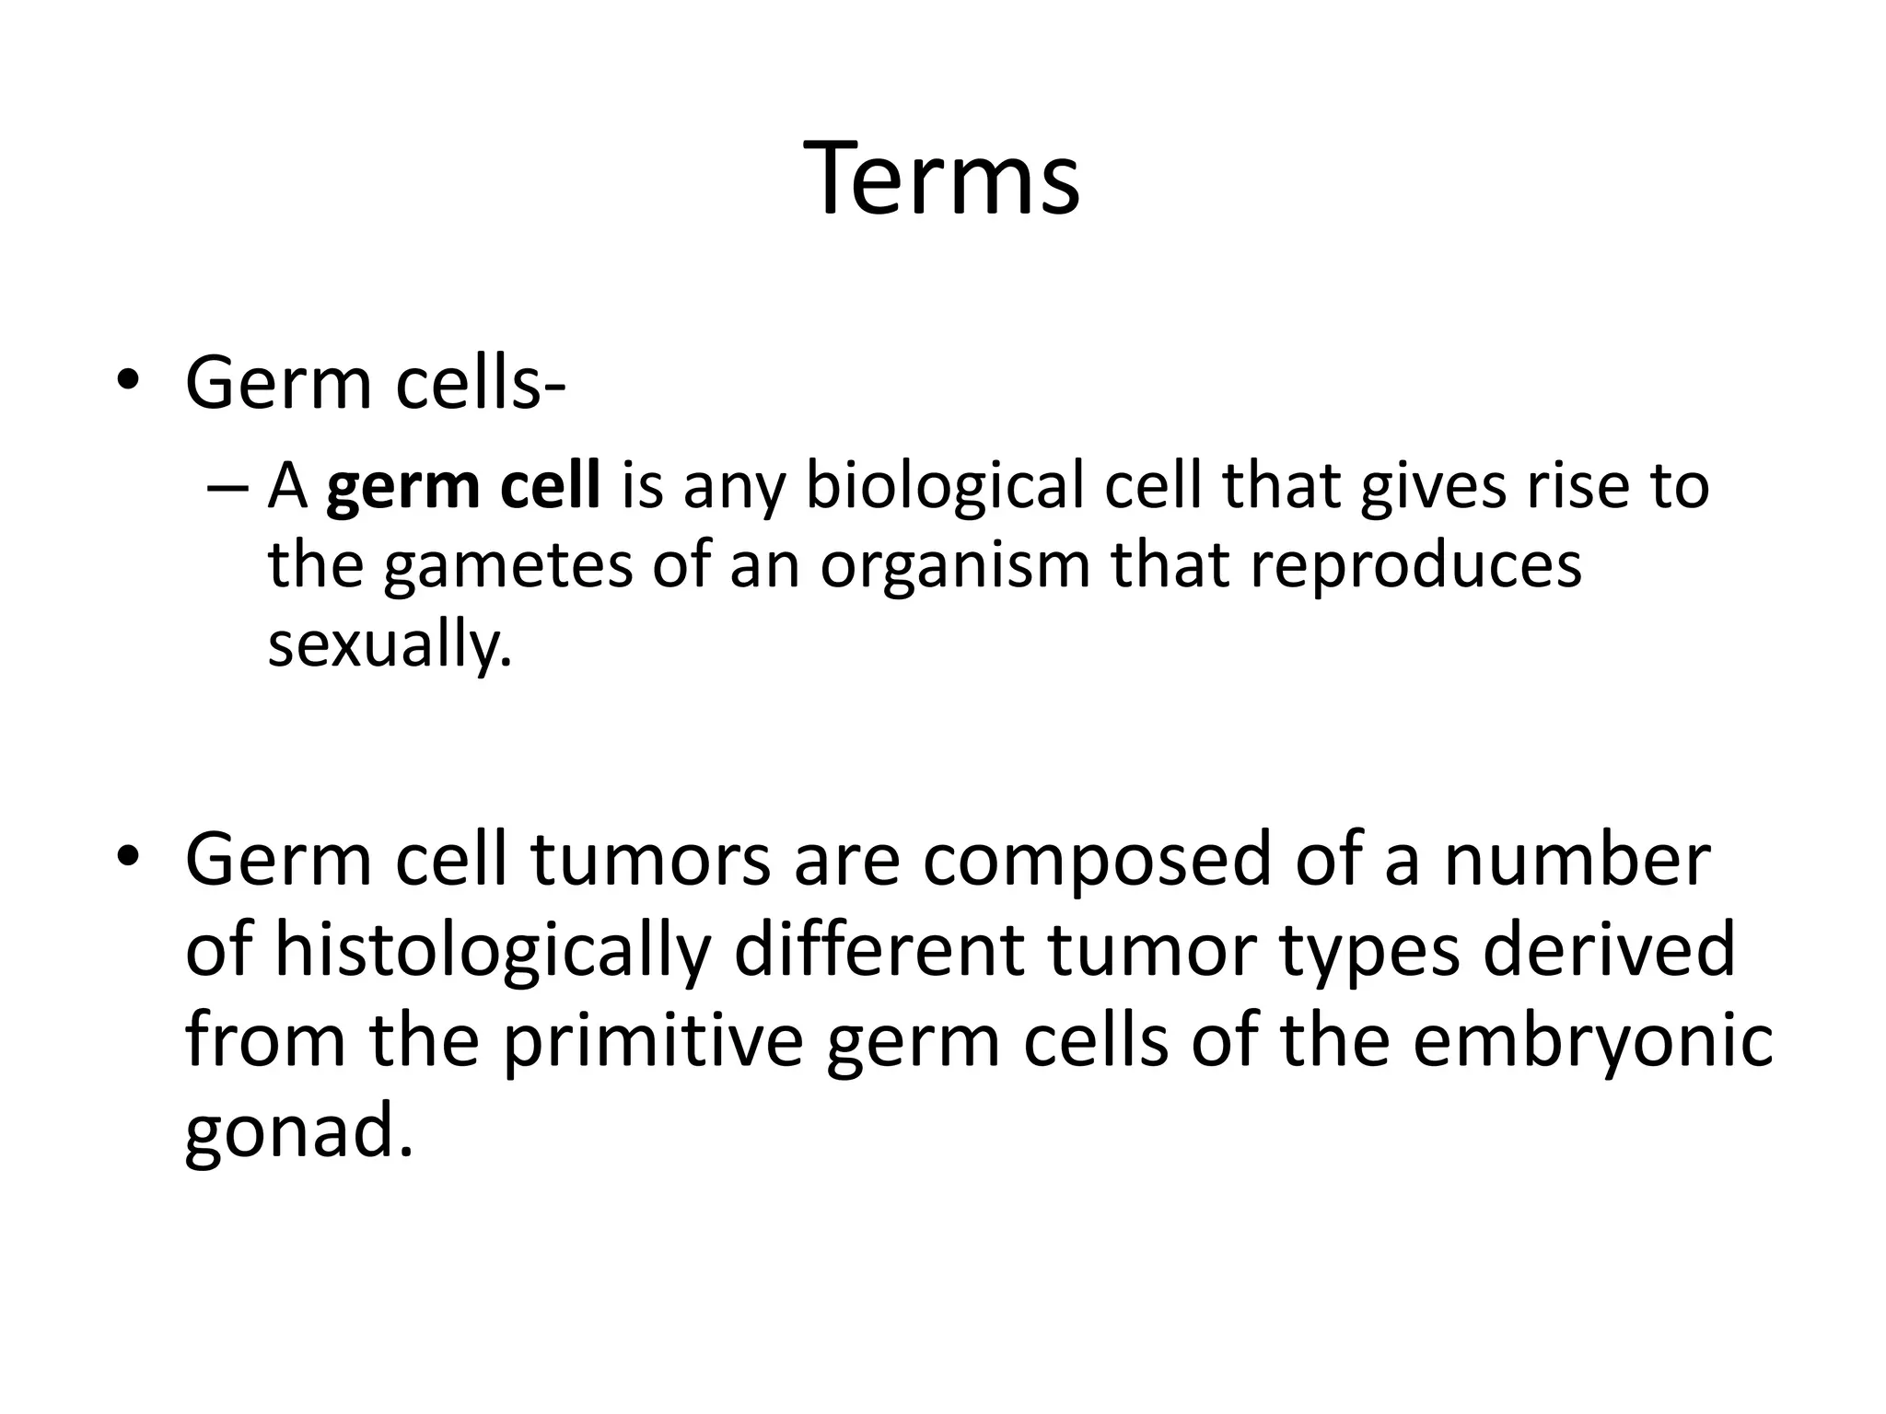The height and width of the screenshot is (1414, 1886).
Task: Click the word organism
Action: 955,566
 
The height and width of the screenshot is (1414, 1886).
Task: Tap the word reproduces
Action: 1415,566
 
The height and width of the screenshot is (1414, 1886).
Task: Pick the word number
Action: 1577,861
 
